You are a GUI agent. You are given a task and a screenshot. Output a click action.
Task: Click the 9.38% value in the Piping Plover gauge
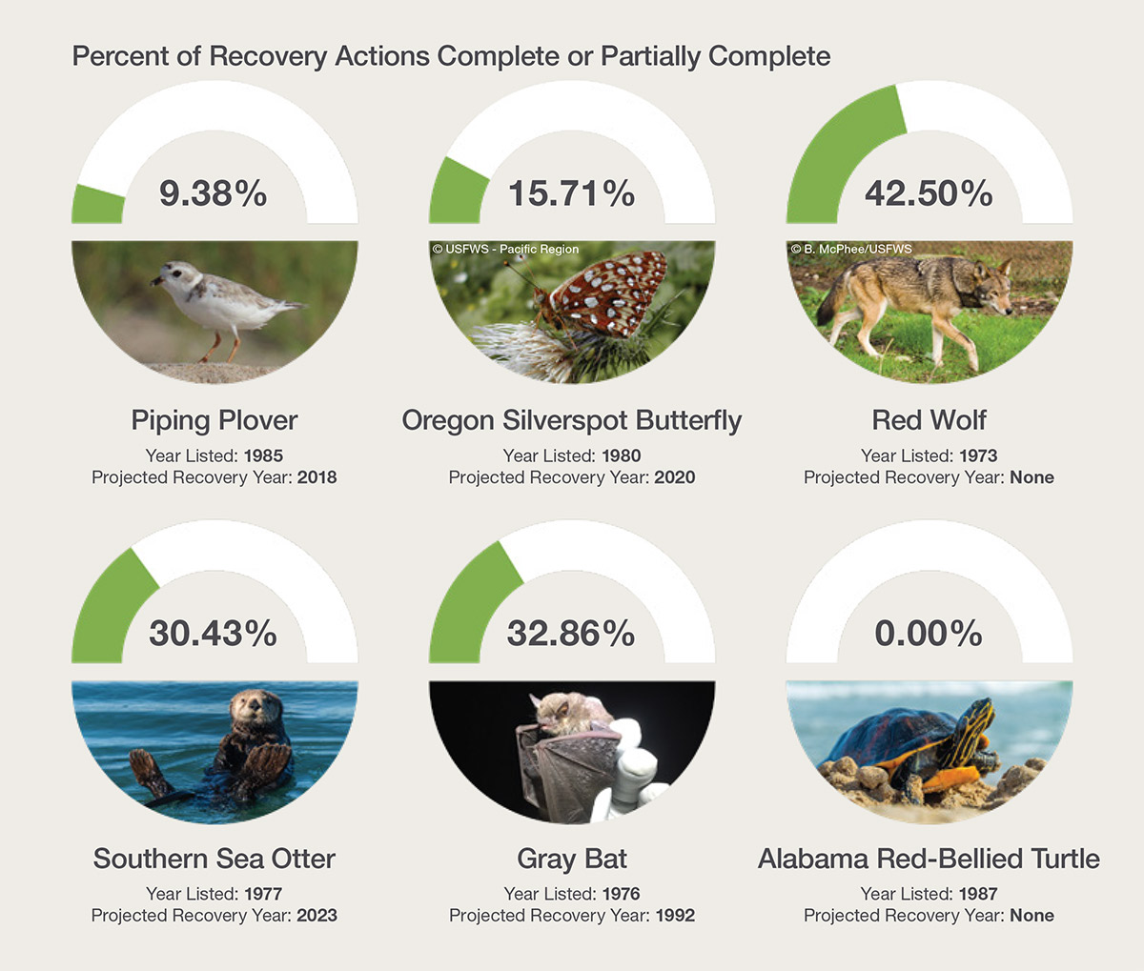click(214, 193)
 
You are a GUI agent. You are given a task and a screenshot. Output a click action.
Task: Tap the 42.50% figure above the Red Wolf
click(929, 193)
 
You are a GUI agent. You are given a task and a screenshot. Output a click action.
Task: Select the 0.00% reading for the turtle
click(929, 634)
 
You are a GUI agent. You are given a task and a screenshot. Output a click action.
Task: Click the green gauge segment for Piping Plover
click(98, 206)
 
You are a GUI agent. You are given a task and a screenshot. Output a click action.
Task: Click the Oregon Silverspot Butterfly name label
click(572, 420)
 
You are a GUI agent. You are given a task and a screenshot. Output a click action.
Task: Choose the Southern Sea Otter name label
click(214, 859)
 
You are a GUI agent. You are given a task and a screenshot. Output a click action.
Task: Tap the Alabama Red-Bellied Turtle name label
click(929, 860)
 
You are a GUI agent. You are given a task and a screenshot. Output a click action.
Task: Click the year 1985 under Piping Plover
click(263, 455)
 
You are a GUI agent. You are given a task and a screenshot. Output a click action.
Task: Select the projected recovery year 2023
click(317, 915)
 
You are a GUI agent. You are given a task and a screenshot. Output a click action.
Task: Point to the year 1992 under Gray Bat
click(675, 915)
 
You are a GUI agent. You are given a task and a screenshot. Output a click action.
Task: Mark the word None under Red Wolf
click(1032, 477)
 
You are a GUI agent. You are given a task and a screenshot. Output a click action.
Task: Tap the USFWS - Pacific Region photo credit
click(505, 249)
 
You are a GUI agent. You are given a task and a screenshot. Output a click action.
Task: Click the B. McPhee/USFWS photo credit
click(851, 249)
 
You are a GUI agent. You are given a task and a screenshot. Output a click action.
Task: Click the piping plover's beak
click(156, 281)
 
